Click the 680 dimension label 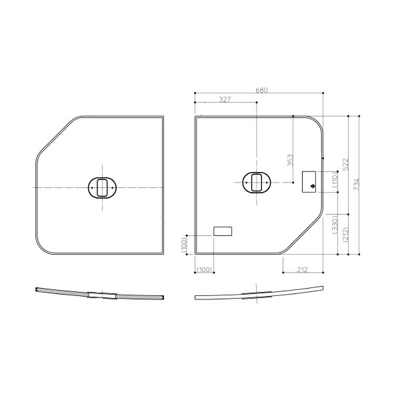(x=261, y=90)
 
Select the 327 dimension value (x=225, y=99)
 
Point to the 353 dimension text (x=290, y=160)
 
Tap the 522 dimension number (x=345, y=165)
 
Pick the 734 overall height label (x=356, y=184)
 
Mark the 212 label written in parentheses (x=345, y=234)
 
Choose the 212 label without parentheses (x=302, y=269)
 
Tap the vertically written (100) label (x=184, y=245)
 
